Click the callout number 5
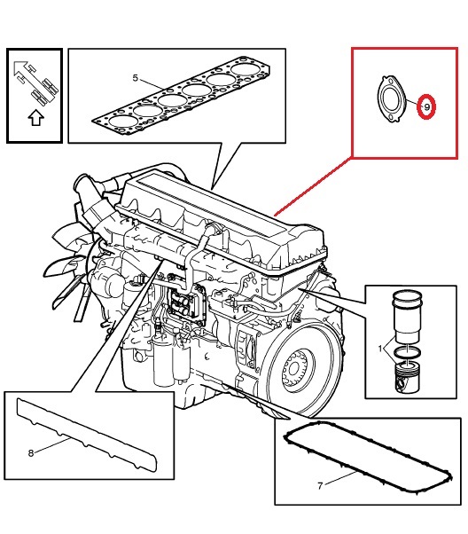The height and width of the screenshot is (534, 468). pos(135,78)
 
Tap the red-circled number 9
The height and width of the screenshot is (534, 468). pos(426,106)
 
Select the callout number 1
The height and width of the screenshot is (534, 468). pos(380,349)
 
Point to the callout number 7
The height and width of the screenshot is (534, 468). pos(320,485)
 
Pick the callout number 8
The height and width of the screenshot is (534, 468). pos(31,453)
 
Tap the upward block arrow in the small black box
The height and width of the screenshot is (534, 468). pos(35,118)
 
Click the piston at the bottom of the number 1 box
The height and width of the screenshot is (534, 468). pos(407,377)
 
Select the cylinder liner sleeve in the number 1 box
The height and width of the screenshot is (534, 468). pos(407,316)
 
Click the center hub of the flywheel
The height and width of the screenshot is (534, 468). pos(295,369)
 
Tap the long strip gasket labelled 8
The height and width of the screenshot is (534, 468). pos(87,432)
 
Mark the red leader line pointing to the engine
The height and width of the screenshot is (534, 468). pos(313,186)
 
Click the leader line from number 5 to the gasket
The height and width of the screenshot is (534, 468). pos(152,84)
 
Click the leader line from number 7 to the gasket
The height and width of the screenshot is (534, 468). pos(339,477)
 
